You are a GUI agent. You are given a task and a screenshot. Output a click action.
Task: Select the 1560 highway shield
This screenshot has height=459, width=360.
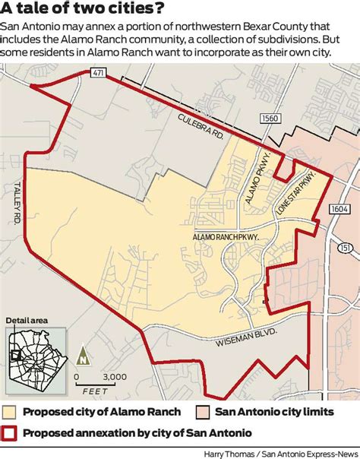[268, 119]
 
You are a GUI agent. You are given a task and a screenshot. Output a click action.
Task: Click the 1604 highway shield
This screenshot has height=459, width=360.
[339, 208]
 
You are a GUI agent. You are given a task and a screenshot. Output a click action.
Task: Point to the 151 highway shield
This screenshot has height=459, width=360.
[346, 248]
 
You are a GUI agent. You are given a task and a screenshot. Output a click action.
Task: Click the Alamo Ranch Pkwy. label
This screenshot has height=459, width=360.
[228, 238]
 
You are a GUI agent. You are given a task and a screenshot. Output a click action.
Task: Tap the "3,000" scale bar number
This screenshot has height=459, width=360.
[114, 376]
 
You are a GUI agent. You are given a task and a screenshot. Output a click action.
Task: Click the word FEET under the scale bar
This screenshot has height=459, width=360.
[95, 392]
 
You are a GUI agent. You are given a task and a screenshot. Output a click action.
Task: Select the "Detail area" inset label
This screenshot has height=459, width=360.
[27, 321]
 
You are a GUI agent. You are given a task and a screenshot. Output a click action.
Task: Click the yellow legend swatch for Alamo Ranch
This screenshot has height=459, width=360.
[10, 412]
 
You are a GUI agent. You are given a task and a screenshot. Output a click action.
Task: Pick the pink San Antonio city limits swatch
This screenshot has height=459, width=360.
[203, 412]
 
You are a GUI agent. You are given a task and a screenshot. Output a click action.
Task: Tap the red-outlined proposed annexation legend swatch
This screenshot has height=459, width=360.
[10, 433]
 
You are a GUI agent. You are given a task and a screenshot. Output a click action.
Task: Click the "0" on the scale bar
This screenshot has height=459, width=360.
[77, 376]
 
